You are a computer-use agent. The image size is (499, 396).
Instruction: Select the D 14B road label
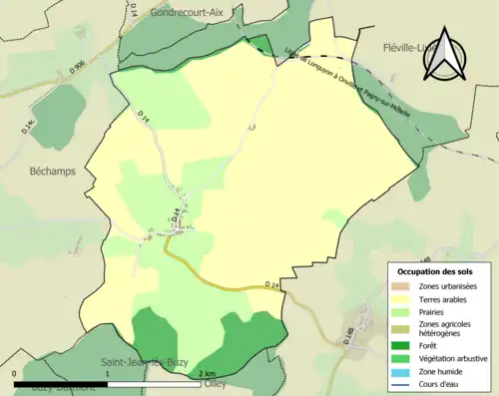click(348, 337)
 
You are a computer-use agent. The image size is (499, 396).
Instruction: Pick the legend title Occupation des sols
click(435, 270)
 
